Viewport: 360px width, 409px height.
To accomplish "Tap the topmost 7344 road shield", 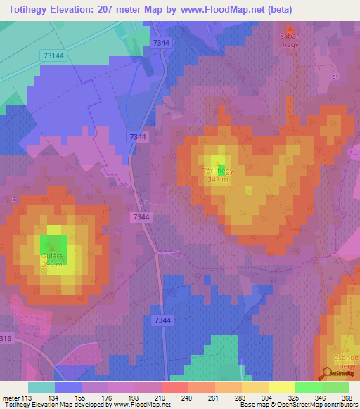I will (161, 43).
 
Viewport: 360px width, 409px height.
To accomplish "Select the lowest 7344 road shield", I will (162, 320).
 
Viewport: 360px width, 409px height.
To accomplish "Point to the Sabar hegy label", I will (290, 37).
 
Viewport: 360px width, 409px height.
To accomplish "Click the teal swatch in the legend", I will (41, 387).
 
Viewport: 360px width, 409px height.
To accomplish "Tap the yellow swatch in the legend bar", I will (281, 387).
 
